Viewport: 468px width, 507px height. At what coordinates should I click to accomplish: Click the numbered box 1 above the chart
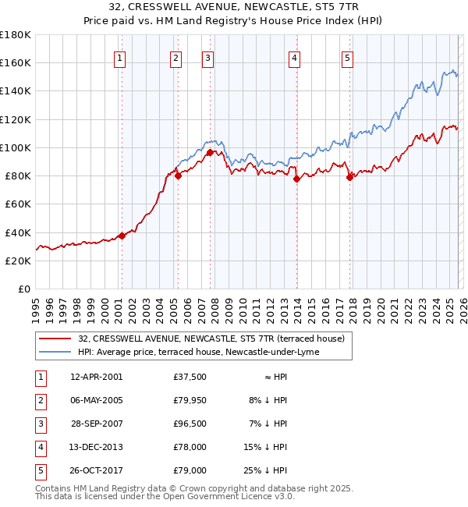click(x=120, y=57)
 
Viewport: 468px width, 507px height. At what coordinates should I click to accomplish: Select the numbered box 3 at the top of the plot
click(x=208, y=57)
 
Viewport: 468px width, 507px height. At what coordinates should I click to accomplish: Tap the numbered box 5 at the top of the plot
click(x=347, y=57)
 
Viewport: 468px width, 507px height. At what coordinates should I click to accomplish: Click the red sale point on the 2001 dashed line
click(x=122, y=236)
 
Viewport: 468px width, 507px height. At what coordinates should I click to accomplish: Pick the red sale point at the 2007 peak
click(x=210, y=152)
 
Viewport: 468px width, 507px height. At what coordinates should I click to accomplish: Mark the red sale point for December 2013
click(x=296, y=179)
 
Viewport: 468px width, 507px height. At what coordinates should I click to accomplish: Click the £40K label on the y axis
click(x=18, y=232)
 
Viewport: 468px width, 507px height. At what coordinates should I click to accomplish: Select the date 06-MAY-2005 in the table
click(x=96, y=401)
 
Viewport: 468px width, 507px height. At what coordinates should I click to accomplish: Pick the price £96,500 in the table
click(x=190, y=424)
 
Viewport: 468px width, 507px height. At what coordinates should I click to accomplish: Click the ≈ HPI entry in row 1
click(x=274, y=378)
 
